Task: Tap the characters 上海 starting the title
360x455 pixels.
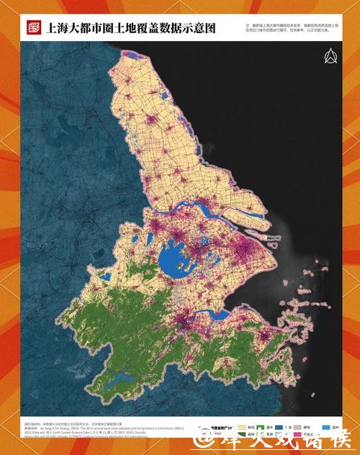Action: point(55,29)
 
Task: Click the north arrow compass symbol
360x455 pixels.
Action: point(331,57)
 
